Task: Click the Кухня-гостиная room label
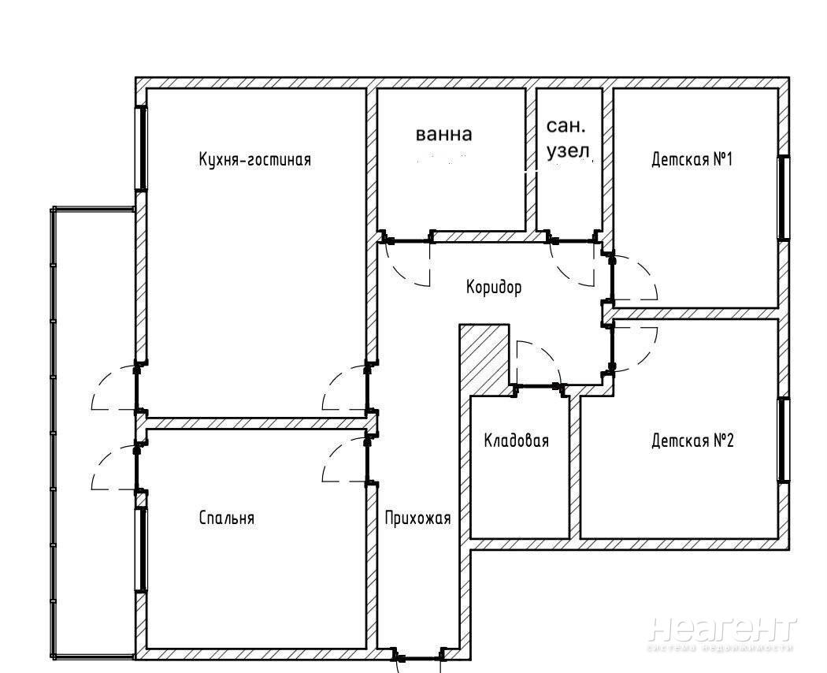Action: [254, 159]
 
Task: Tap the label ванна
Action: [443, 134]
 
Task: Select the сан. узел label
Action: [567, 139]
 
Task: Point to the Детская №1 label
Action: [692, 159]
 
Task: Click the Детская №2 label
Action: [692, 441]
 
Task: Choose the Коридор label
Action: [494, 287]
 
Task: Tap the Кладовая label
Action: [517, 441]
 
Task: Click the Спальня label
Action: [227, 518]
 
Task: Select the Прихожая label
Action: [417, 519]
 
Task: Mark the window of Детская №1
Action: [784, 198]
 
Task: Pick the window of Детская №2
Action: [784, 440]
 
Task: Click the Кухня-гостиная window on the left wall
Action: [141, 148]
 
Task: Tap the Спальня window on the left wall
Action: [141, 549]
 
